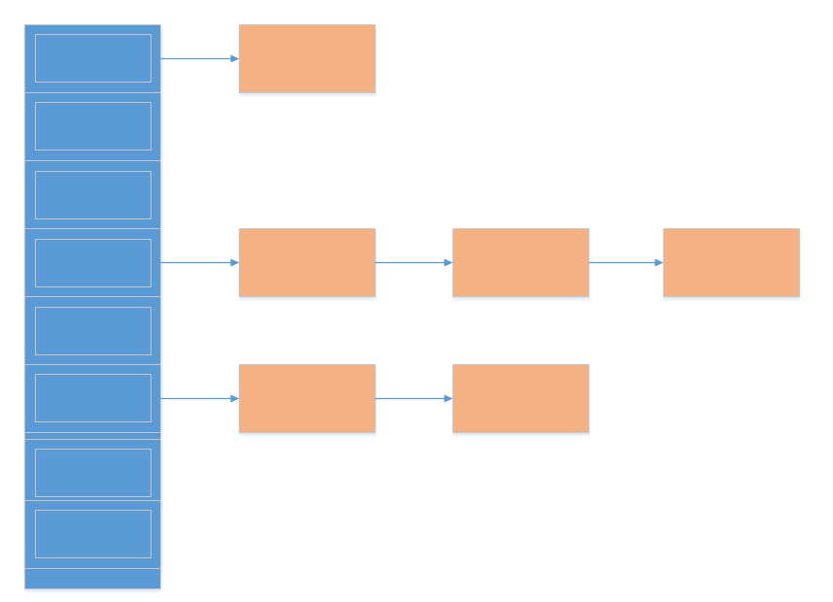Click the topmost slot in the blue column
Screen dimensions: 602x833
coord(92,58)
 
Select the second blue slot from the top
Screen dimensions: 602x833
coord(92,126)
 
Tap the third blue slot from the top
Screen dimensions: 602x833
coord(92,194)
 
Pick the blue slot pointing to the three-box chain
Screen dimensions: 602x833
coord(92,262)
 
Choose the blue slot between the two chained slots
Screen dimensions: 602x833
coord(92,330)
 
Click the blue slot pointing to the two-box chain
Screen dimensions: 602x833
coord(92,398)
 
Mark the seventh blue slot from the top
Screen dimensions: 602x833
coord(92,472)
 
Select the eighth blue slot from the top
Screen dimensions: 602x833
coord(92,534)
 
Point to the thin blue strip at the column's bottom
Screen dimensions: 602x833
coord(92,579)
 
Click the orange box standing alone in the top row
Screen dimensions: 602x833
coord(307,58)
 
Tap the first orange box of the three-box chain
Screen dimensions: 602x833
coord(307,262)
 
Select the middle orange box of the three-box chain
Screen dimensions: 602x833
coord(520,262)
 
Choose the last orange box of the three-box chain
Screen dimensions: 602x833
coord(731,262)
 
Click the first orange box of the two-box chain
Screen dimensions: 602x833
coord(307,398)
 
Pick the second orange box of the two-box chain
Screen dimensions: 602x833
coord(520,398)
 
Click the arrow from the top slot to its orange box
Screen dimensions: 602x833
coord(199,58)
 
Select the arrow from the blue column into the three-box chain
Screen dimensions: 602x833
coord(199,262)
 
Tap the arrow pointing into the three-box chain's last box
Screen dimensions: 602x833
coord(625,262)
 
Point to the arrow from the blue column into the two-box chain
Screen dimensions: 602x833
coord(199,398)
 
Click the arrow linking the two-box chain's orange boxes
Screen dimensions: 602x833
coord(414,398)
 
